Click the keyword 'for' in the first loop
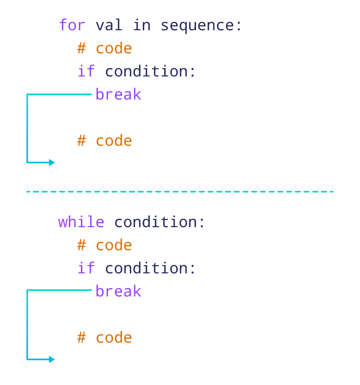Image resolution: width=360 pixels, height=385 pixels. click(73, 25)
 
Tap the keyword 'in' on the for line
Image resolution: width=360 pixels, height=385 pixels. click(141, 25)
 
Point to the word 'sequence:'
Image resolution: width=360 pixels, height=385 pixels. click(201, 25)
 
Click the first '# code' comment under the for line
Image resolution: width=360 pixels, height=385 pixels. click(105, 48)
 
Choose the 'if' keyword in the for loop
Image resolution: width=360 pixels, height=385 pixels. click(86, 71)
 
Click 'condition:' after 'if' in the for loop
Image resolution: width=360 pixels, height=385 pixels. click(150, 71)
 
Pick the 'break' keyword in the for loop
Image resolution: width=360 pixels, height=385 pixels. click(118, 95)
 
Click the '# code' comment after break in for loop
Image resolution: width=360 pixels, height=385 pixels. click(105, 141)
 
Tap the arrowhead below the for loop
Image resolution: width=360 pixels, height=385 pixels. click(52, 162)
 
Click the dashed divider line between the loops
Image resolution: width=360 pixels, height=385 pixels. click(180, 191)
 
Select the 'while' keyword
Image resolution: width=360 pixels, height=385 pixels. click(81, 222)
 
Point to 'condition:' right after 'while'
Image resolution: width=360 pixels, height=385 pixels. click(160, 222)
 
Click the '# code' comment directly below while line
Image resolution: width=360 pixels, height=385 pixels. click(105, 245)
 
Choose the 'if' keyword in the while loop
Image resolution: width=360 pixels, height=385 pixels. click(86, 268)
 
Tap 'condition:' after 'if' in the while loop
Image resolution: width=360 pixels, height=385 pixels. click(150, 268)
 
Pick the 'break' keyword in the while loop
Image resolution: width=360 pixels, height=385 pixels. click(118, 291)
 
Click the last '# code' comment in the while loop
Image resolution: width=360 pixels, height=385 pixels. click(105, 338)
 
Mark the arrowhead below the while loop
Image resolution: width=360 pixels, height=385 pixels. click(52, 359)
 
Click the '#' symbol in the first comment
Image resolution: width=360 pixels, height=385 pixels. click(81, 48)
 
